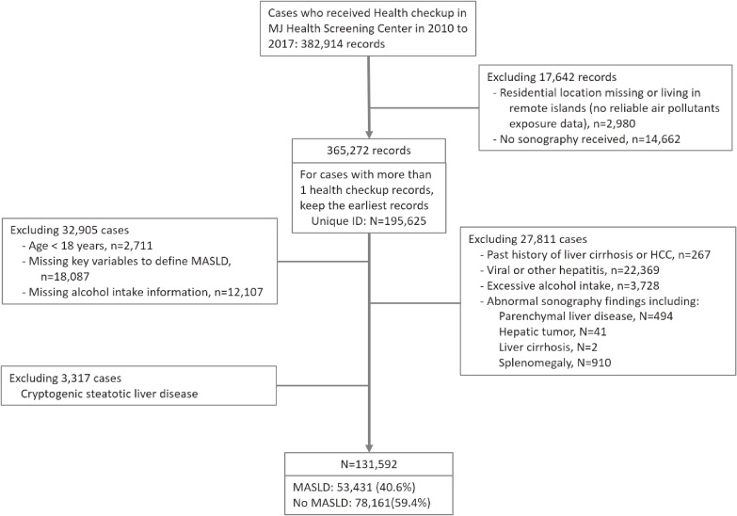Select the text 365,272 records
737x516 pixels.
click(369, 151)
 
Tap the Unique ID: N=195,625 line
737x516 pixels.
click(369, 221)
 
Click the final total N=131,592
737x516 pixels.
click(369, 464)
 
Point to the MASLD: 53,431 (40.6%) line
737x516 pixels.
click(354, 488)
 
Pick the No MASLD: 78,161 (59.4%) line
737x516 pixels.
click(361, 503)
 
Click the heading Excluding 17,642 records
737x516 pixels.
click(552, 77)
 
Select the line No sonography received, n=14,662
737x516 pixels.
click(590, 138)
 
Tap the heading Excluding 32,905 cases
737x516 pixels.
click(70, 231)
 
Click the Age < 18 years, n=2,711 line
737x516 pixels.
click(90, 246)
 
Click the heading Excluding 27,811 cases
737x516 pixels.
click(528, 239)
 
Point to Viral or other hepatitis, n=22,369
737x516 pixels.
click(573, 270)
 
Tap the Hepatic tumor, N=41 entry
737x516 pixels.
click(553, 332)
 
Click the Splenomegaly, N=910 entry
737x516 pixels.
click(555, 363)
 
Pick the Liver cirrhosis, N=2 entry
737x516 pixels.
click(548, 347)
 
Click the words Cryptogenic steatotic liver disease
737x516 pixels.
click(109, 394)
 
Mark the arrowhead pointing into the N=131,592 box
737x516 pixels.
click(369, 447)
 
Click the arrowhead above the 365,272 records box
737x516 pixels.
click(369, 134)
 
